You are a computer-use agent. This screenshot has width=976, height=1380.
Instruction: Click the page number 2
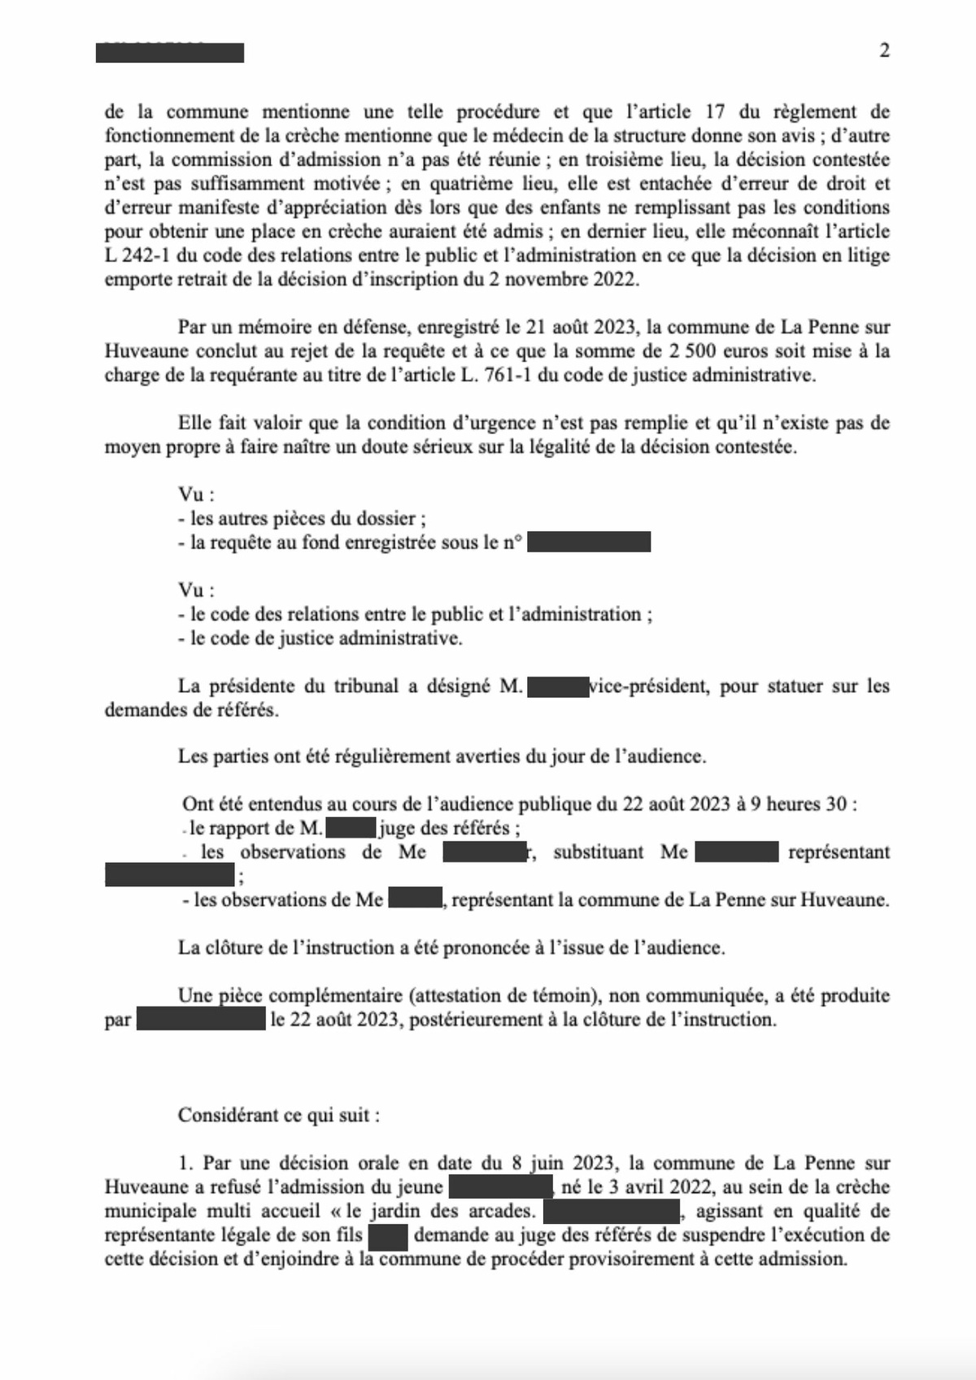(884, 50)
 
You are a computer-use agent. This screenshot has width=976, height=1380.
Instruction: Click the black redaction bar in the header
(169, 53)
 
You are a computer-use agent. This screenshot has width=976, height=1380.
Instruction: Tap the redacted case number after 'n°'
(588, 542)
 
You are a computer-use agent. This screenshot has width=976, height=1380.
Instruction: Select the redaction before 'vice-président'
(558, 686)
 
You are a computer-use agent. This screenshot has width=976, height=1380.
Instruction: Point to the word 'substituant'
(598, 852)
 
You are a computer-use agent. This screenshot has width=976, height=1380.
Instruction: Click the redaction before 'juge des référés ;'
(351, 829)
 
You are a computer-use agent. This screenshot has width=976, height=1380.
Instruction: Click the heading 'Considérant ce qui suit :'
(279, 1115)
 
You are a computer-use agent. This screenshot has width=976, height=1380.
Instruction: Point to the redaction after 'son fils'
(387, 1235)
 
